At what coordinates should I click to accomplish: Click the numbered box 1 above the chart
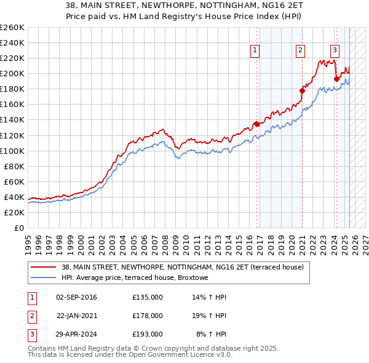click(255, 51)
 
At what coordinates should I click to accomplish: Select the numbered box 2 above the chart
click(300, 51)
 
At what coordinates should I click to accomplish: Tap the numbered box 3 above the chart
click(335, 51)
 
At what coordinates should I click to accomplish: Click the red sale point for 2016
click(256, 124)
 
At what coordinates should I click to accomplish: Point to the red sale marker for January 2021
click(302, 90)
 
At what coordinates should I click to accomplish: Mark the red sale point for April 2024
click(336, 79)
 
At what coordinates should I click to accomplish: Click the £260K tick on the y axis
click(12, 28)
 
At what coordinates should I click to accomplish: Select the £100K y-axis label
click(12, 151)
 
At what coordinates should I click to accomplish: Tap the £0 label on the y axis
click(19, 228)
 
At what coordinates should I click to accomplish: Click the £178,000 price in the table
click(148, 316)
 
